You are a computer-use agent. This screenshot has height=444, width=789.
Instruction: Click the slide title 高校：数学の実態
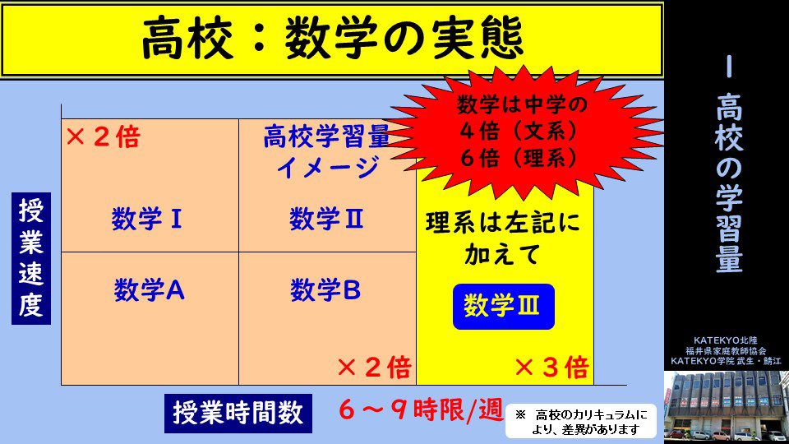[x=333, y=39]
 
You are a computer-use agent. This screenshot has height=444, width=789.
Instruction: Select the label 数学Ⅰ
[x=147, y=219]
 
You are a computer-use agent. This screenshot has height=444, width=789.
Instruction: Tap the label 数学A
[x=149, y=290]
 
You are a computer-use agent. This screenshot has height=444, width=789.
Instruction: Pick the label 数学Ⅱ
[x=326, y=219]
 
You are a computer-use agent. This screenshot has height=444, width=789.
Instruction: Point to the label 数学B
[x=325, y=290]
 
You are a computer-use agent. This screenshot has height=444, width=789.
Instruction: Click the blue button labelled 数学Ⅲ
[x=504, y=307]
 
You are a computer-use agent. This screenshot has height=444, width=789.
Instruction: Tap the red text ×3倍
[x=552, y=368]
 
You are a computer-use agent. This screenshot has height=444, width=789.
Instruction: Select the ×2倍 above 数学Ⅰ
[x=104, y=137]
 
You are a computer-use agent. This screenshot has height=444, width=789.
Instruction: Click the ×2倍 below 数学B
[x=375, y=368]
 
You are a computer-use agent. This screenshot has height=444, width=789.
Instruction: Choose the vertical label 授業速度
[x=31, y=258]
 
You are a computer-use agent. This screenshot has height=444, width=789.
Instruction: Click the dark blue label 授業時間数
[x=238, y=414]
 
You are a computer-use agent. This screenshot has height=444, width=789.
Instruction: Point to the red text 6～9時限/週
[x=421, y=409]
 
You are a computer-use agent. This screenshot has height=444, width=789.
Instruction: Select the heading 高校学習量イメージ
[x=327, y=151]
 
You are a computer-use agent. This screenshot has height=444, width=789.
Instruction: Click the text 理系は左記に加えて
[x=503, y=238]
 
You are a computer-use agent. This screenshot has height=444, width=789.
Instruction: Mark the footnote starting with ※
[x=581, y=422]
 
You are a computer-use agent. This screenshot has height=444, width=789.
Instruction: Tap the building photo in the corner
[x=727, y=407]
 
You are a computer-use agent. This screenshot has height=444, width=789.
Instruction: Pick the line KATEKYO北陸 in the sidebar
[x=726, y=340]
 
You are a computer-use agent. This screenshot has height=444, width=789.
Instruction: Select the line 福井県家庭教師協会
[x=726, y=351]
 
